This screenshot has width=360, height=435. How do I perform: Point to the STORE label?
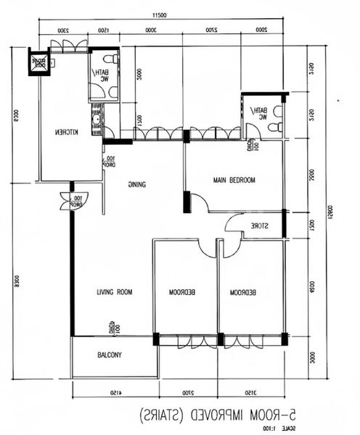click(261, 225)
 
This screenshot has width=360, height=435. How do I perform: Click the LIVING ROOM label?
click(115, 292)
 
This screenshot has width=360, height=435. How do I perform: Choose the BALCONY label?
click(109, 355)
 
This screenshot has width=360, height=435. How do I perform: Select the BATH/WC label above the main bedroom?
click(258, 113)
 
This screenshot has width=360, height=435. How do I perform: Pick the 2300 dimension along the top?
click(62, 30)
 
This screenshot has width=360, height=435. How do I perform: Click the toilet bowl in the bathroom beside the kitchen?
click(110, 59)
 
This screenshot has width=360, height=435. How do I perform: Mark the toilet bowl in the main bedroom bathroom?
click(274, 127)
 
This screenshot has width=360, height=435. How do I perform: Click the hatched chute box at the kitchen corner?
click(37, 62)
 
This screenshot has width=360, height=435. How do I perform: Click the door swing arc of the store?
click(234, 223)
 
